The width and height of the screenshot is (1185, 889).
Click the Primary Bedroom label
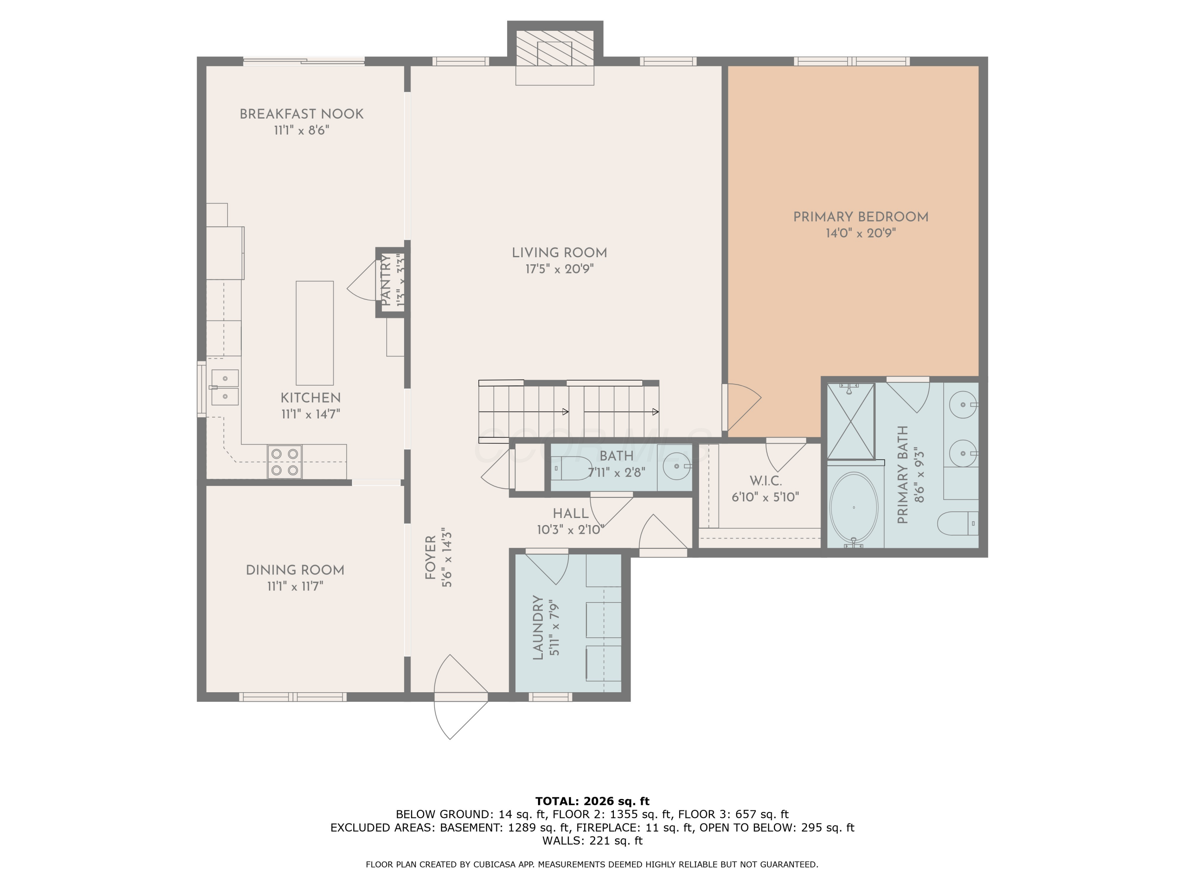tap(860, 217)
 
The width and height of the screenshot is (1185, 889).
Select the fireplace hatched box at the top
tap(555, 47)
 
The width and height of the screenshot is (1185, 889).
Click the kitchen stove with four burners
tap(284, 462)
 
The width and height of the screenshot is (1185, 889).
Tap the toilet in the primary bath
tap(958, 523)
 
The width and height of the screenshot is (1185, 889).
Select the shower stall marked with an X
tap(851, 421)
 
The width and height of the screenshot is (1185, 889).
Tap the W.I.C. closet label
tap(765, 481)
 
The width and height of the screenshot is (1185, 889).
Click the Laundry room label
tap(538, 627)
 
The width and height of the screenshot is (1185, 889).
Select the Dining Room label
tap(295, 570)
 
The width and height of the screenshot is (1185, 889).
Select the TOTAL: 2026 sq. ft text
tap(592, 801)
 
